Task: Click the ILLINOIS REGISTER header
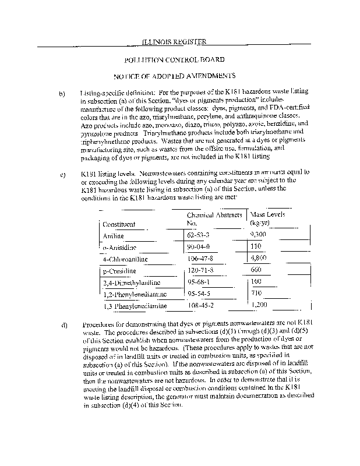(x=175, y=41)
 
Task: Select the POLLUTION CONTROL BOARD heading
(x=175, y=59)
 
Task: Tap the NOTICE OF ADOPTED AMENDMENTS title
(x=174, y=76)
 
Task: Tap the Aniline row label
(x=114, y=236)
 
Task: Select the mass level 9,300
(x=259, y=235)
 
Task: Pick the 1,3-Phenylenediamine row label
(x=135, y=306)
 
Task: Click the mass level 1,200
(x=259, y=305)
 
